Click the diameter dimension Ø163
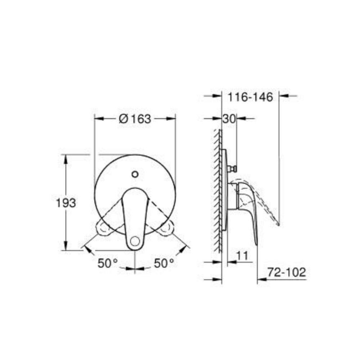[x=135, y=119]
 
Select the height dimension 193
[x=66, y=203]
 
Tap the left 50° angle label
[x=108, y=263]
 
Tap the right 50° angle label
[x=164, y=263]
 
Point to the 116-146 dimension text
[x=250, y=97]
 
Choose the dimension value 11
[x=242, y=256]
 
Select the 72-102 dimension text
[x=287, y=272]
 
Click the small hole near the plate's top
[x=135, y=174]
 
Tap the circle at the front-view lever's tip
[x=135, y=242]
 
